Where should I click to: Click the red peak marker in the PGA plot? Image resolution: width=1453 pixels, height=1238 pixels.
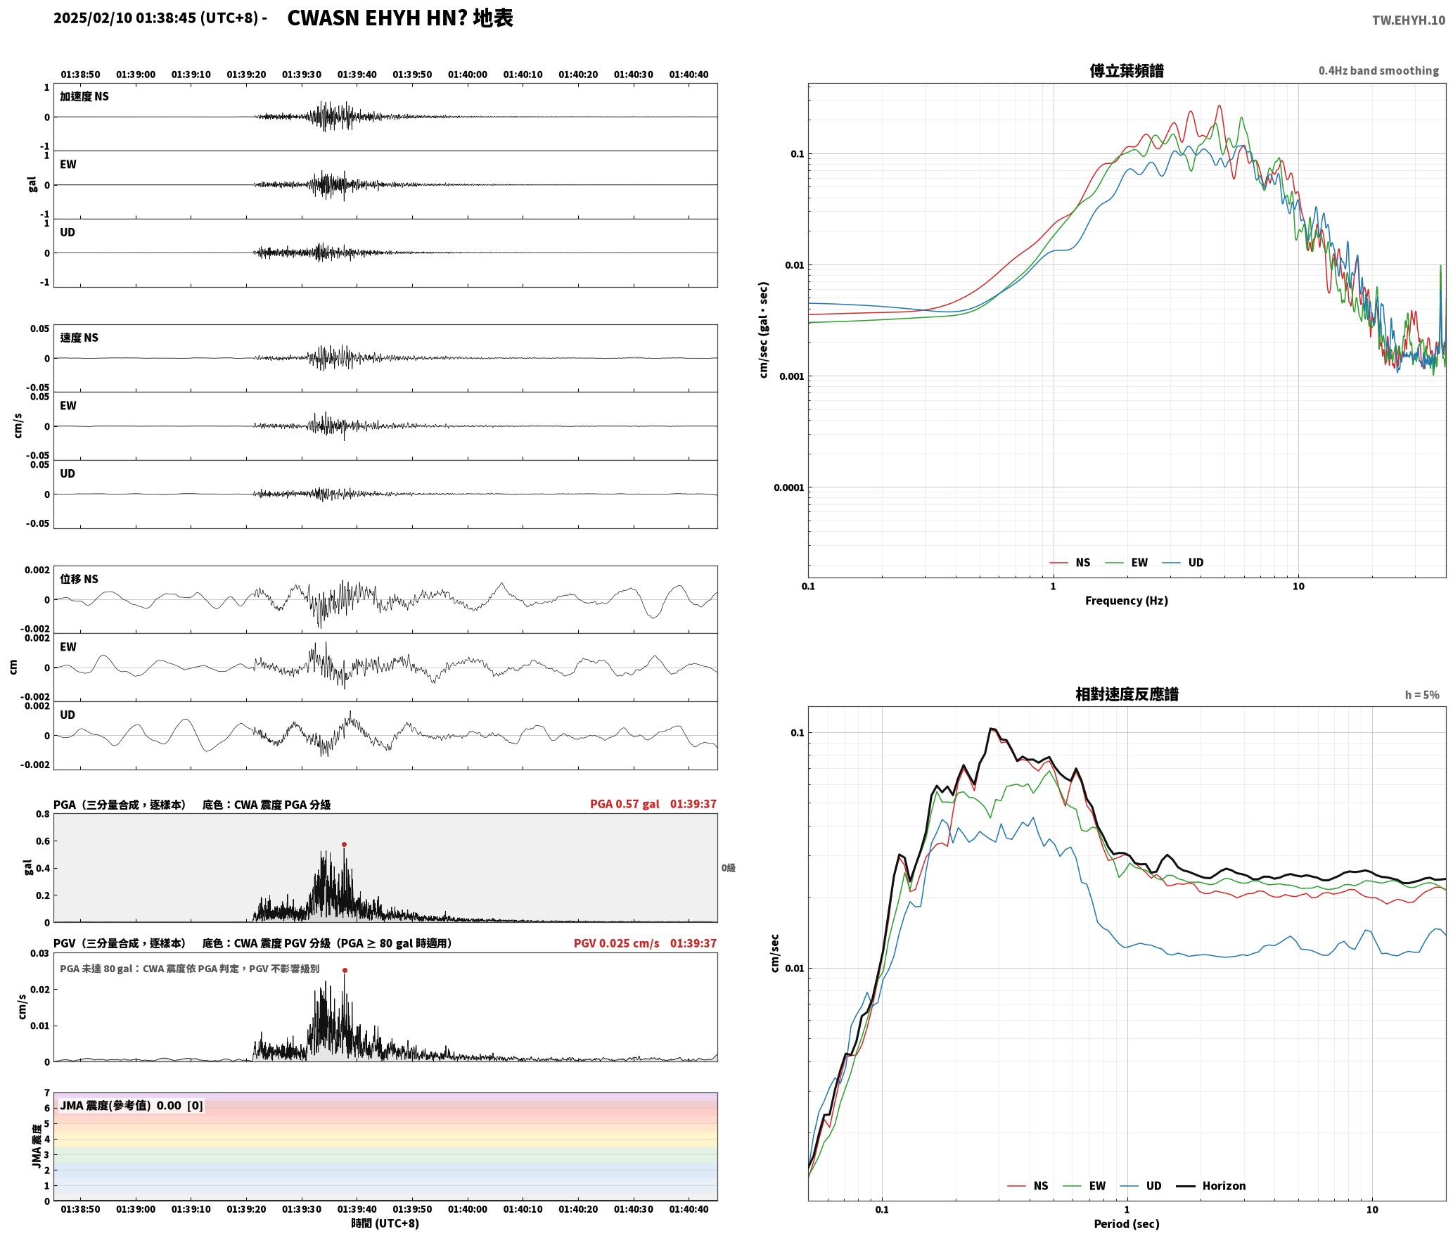[344, 844]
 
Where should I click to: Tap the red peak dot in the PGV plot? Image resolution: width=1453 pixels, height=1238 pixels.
[345, 970]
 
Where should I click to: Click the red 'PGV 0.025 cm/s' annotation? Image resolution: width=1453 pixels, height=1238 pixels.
[617, 943]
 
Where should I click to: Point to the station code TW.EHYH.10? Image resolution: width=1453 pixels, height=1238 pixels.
[1409, 20]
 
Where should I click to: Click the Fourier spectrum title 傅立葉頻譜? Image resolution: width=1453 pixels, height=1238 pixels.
[1127, 70]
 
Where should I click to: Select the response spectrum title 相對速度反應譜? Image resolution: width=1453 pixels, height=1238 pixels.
[1127, 694]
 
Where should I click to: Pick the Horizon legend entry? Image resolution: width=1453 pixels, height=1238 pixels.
[1211, 1186]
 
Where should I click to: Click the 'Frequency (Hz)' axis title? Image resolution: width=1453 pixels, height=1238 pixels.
[1127, 601]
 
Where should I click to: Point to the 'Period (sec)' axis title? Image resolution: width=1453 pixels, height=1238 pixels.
[1127, 1224]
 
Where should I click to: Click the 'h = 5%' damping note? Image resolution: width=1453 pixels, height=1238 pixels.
[1422, 695]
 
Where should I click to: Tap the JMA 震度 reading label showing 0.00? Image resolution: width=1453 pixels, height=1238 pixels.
[132, 1105]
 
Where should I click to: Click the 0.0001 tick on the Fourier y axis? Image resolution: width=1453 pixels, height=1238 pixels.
[788, 487]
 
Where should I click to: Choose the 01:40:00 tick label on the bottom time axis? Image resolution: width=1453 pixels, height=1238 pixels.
[468, 1209]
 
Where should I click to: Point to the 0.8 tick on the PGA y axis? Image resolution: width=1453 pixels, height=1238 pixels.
[43, 815]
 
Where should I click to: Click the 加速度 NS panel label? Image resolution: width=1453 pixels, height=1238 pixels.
[84, 96]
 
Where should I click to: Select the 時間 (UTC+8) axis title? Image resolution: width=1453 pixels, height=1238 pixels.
[385, 1223]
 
